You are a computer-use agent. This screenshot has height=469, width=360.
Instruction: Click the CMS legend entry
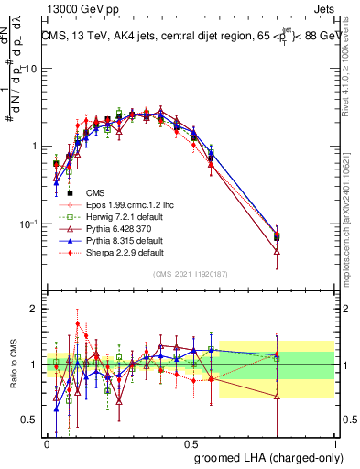coord(96,192)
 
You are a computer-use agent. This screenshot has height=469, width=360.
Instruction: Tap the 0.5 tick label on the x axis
coord(191,443)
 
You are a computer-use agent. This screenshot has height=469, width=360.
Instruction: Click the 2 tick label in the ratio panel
coord(34,309)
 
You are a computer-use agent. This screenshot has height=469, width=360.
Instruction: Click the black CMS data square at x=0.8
coord(278,237)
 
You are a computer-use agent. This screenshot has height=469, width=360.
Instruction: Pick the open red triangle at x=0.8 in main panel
coord(278,251)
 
